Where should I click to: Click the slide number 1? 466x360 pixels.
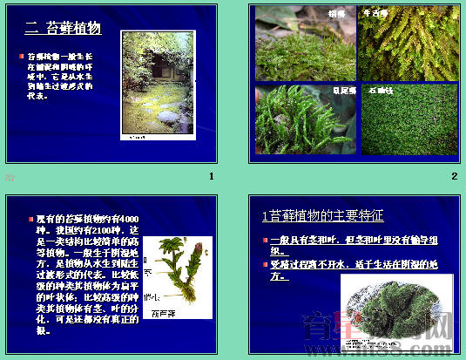point(211,177)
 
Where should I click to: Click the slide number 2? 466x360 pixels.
point(454,177)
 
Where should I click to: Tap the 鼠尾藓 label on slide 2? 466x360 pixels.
point(341,90)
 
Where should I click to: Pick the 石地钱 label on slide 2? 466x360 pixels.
point(382,90)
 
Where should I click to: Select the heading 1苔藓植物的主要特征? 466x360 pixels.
point(322,215)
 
